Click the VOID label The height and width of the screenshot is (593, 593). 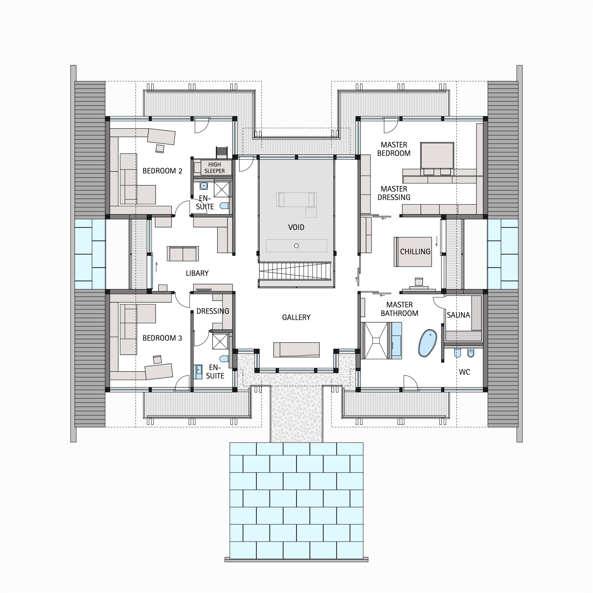click(296, 227)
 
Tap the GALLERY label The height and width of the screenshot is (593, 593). click(296, 317)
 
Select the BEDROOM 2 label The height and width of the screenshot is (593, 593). click(162, 171)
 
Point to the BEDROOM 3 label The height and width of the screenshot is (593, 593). click(162, 338)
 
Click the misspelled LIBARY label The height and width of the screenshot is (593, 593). click(197, 273)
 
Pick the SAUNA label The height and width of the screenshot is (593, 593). click(458, 315)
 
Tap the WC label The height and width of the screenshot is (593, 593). click(464, 372)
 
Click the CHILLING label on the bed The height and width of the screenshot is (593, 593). click(415, 252)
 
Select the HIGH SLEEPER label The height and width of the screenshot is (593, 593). click(214, 168)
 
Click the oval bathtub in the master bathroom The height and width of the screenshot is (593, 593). click(427, 343)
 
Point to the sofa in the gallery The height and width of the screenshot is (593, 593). click(296, 349)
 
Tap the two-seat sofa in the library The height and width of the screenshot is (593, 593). click(183, 254)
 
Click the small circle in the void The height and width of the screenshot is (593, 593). click(296, 246)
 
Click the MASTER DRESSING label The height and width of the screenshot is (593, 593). click(394, 193)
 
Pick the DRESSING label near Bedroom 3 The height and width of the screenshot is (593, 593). click(213, 311)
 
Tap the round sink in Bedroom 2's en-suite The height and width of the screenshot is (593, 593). click(204, 186)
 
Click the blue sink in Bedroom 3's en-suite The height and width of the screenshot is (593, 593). click(198, 372)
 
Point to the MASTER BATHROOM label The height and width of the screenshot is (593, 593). click(399, 309)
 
